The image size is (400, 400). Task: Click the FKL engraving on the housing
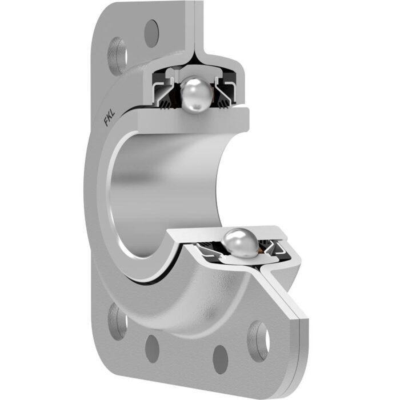click(108, 121)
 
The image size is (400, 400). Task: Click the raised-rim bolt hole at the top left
click(118, 55)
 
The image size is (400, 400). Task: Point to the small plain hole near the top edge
click(151, 33)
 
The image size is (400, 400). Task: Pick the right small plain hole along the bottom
click(221, 359)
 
